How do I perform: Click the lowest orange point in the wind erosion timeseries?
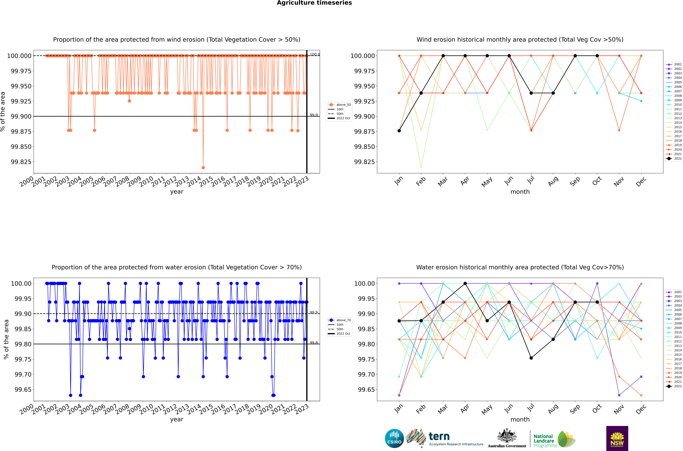(x=203, y=167)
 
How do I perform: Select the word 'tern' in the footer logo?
(x=439, y=436)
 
